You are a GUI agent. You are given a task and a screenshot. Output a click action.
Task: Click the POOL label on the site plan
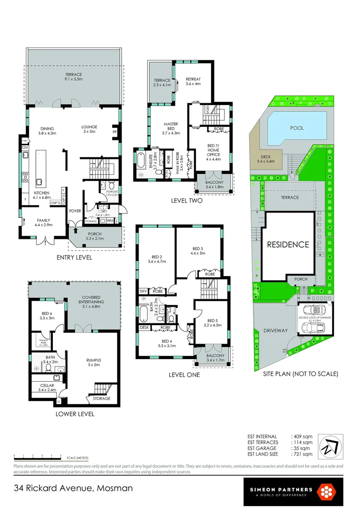pyautogui.click(x=297, y=128)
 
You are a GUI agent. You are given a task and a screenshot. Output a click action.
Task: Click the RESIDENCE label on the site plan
pyautogui.click(x=288, y=245)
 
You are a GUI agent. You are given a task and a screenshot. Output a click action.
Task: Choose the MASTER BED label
pyautogui.click(x=171, y=127)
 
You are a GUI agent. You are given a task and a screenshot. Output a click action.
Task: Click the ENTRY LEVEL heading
pyautogui.click(x=74, y=258)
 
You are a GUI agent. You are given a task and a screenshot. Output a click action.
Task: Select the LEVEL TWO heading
pyautogui.click(x=188, y=201)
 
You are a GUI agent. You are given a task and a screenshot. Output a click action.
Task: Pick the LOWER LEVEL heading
pyautogui.click(x=75, y=414)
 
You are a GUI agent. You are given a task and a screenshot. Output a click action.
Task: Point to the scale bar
pyautogui.click(x=38, y=457)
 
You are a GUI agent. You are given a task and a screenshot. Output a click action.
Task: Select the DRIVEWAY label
pyautogui.click(x=276, y=330)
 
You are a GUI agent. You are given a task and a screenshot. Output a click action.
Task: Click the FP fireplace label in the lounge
pyautogui.click(x=114, y=132)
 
